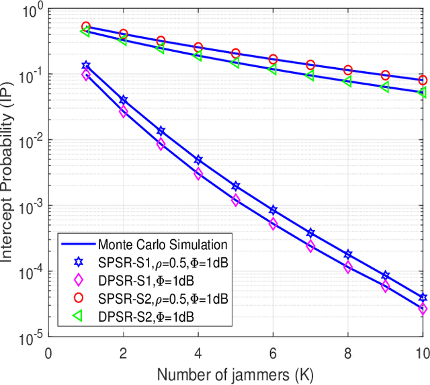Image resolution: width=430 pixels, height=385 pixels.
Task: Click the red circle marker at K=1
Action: coord(85,27)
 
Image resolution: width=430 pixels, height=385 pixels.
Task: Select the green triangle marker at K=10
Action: coord(423,92)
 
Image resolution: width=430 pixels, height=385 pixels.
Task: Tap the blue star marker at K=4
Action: coord(198,160)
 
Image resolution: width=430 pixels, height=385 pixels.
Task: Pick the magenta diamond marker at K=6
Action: coord(273,224)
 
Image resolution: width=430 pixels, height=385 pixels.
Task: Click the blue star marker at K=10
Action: coord(423,297)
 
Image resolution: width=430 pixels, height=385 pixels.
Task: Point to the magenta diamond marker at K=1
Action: coord(85,75)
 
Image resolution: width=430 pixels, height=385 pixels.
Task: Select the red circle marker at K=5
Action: coord(235,53)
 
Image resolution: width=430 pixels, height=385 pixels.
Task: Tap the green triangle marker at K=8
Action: coord(347,81)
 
